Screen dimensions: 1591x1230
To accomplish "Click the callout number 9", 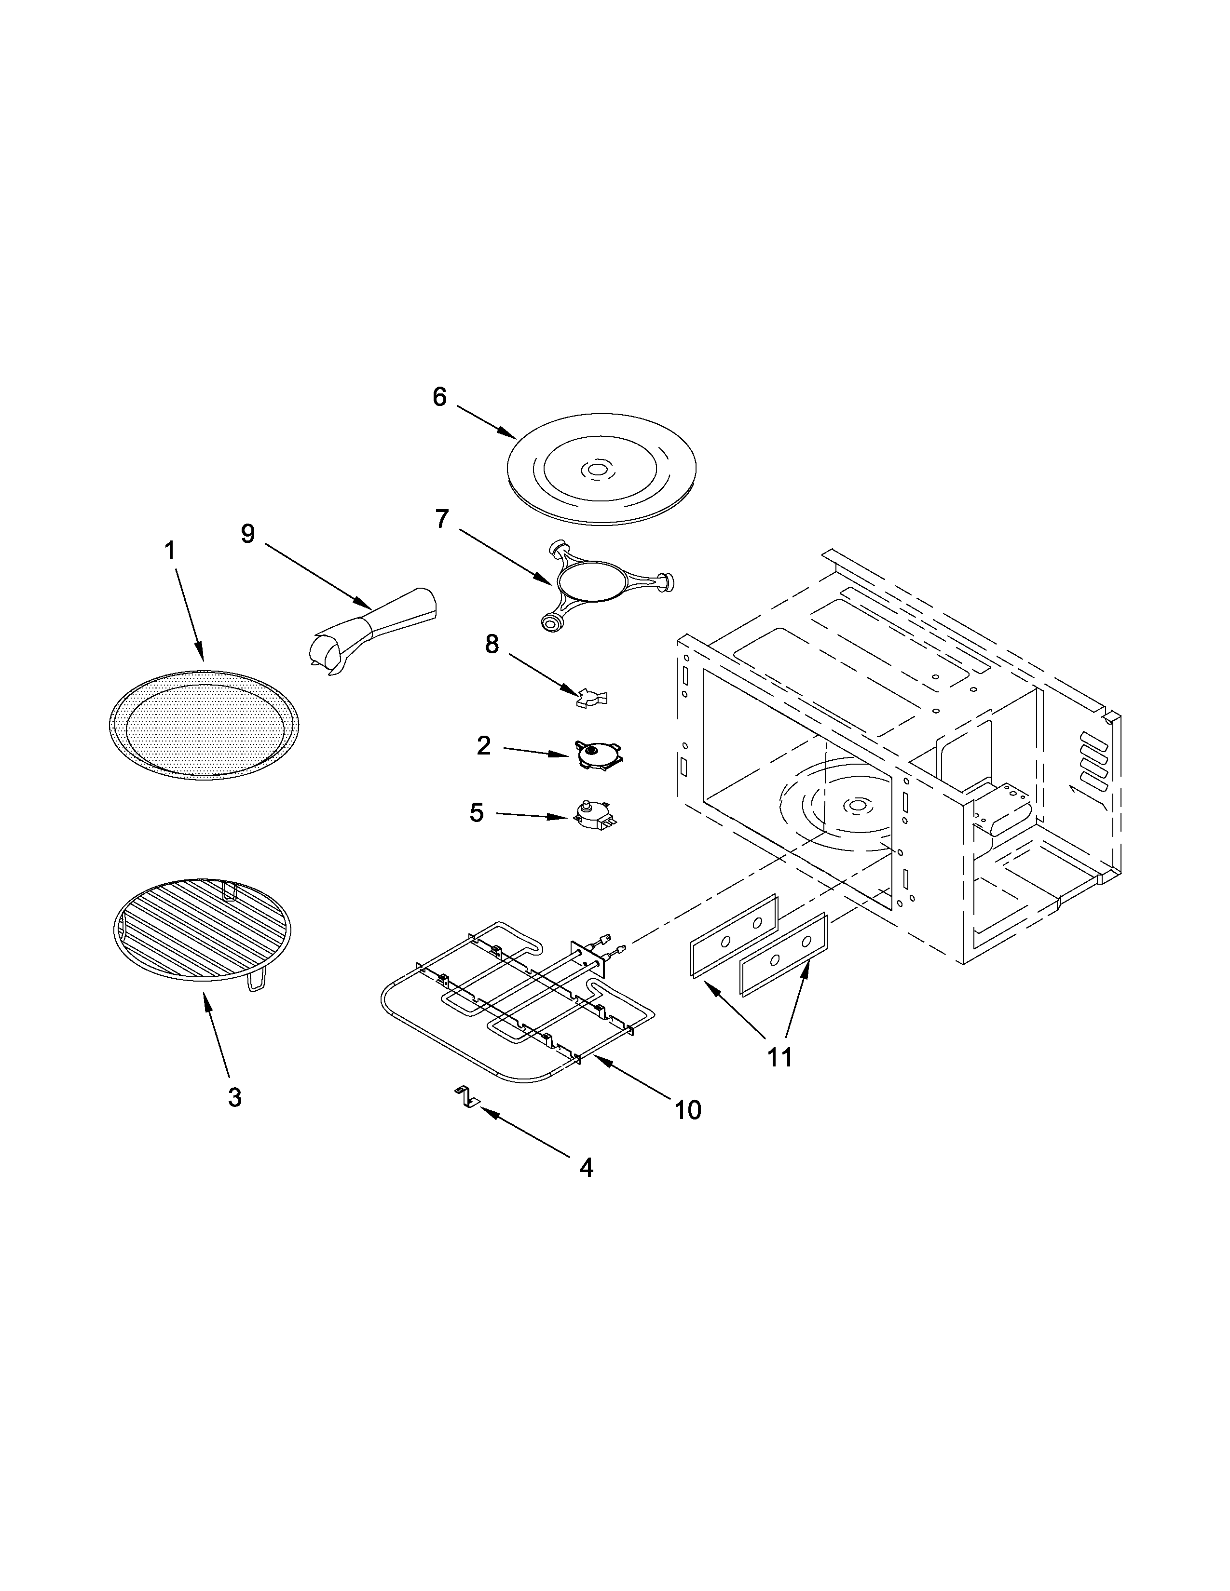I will (x=248, y=534).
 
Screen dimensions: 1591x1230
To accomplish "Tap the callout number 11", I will (x=779, y=1056).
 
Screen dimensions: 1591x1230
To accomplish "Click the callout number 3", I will (x=234, y=1097).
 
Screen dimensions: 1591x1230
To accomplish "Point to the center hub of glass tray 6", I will (x=598, y=471).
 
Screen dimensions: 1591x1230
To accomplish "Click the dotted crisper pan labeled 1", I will (x=203, y=720).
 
